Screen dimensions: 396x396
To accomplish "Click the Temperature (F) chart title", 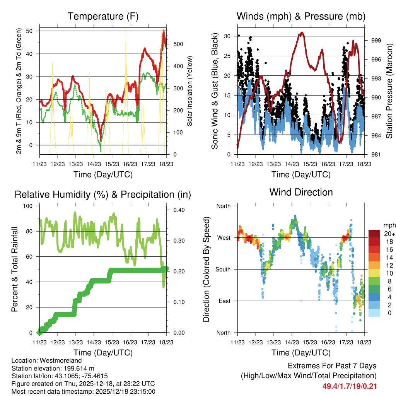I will pos(103,16).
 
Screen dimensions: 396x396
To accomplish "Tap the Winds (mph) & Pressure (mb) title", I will pos(301,16).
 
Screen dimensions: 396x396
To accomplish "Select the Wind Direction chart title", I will pos(301,192).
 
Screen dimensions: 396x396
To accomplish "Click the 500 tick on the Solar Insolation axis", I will pos(178,44).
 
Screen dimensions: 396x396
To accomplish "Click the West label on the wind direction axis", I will pos(224,237).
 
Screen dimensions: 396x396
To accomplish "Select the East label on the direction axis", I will pos(224,301).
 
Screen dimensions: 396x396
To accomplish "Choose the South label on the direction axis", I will pos(223,269).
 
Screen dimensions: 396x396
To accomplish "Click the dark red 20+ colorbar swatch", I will pos(374,234).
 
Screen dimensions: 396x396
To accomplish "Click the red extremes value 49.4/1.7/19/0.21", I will pos(350,386).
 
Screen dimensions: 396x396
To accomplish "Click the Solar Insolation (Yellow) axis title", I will pos(190,91).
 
